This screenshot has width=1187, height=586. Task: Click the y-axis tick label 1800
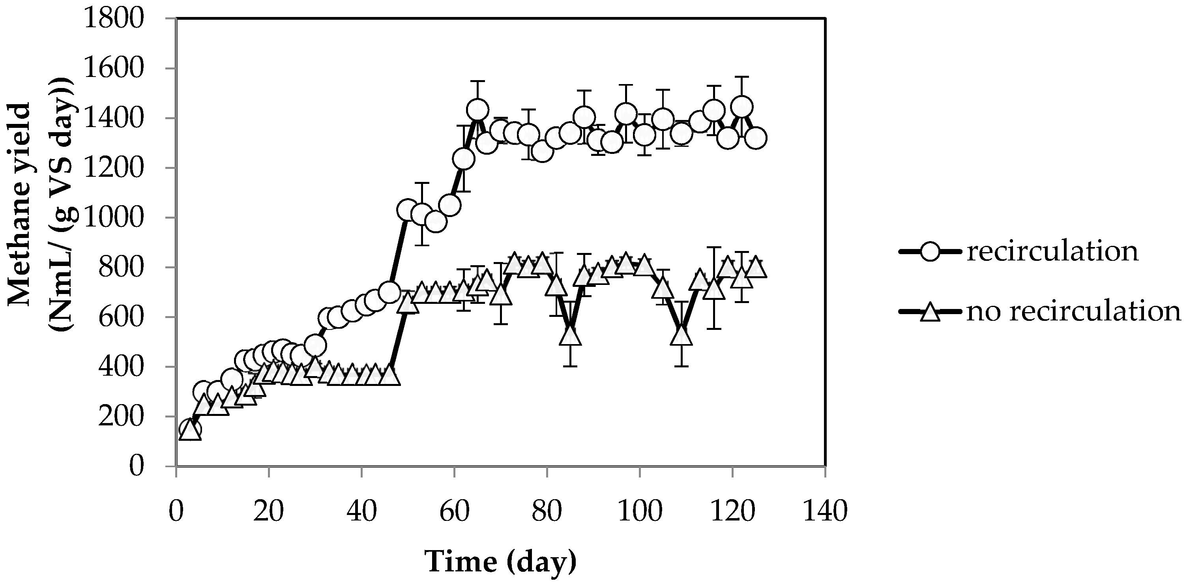[x=113, y=19]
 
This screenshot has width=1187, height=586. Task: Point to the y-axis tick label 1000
[x=113, y=217]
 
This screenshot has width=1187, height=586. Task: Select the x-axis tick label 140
[x=825, y=511]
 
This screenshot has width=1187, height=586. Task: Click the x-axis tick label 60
[x=454, y=511]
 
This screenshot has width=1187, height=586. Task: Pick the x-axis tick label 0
[x=176, y=511]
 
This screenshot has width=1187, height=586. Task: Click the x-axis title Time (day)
[x=500, y=562]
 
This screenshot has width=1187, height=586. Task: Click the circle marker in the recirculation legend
[x=931, y=251]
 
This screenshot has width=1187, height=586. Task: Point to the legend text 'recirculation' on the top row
[x=1052, y=251]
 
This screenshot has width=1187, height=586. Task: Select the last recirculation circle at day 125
[x=756, y=138]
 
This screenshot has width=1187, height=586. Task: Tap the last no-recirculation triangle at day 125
[x=756, y=268]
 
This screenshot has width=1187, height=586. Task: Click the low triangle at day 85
[x=571, y=335]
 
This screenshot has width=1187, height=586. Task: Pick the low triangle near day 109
[x=681, y=335]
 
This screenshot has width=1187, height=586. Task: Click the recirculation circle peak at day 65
[x=477, y=110]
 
